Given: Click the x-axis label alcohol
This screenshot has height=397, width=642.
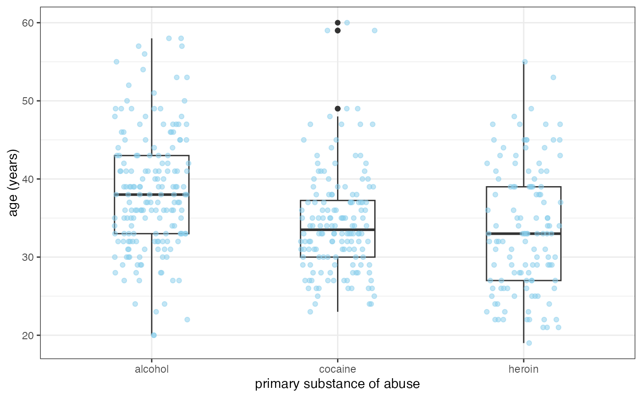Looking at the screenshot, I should (x=151, y=369).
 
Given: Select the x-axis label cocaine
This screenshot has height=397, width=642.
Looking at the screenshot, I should (x=338, y=369).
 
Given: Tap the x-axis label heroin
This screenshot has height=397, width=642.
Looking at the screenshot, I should (x=523, y=369).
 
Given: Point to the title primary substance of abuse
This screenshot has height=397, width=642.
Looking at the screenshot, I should (x=337, y=384).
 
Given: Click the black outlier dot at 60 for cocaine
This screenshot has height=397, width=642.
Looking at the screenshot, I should (x=338, y=22).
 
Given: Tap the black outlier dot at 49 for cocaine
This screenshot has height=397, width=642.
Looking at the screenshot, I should (x=338, y=109).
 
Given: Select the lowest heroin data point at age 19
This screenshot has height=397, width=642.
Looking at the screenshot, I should (x=529, y=343).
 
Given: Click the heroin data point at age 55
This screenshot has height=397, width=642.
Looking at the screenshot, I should (x=525, y=61).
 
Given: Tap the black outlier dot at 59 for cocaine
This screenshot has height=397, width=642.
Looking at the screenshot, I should (x=338, y=31).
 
